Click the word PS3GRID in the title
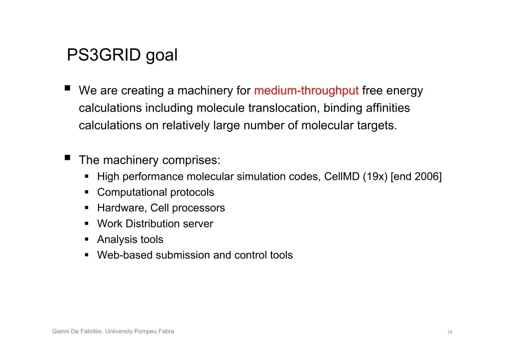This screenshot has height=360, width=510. (104, 55)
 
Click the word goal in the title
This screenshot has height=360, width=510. (162, 56)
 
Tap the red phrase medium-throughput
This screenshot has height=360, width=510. (306, 91)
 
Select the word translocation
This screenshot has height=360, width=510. (282, 108)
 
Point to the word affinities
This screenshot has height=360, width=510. (387, 108)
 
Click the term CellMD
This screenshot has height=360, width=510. (342, 176)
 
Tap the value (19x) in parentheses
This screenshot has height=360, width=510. (375, 177)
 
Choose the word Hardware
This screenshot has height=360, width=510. (121, 208)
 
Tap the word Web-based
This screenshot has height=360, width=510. (125, 255)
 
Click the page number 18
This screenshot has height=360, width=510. (450, 332)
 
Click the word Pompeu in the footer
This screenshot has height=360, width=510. (145, 332)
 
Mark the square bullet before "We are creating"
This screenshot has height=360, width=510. (67, 88)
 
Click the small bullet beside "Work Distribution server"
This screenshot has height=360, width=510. (87, 224)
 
